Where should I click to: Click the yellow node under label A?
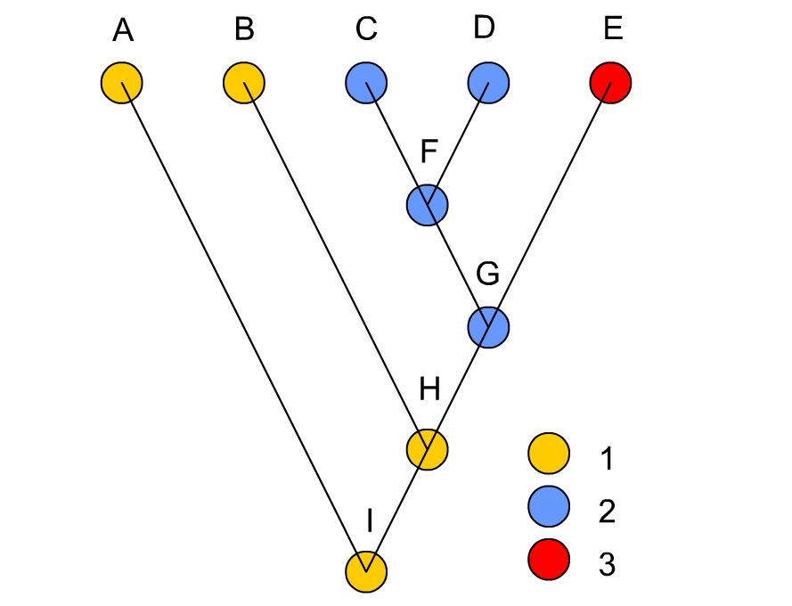(122, 83)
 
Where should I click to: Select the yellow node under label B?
(244, 83)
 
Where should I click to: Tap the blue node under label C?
(366, 83)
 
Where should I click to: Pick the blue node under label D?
(488, 83)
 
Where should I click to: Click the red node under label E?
(610, 83)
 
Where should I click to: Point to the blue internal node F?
(428, 205)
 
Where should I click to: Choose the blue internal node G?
(488, 328)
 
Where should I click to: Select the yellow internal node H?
(428, 450)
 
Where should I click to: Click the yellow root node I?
(366, 572)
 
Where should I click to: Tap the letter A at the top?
(123, 30)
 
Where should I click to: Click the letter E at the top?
(613, 29)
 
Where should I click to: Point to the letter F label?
(429, 151)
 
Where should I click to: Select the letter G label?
(488, 274)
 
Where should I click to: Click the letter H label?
(429, 389)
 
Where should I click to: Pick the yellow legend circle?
(549, 454)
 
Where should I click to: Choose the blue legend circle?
(549, 506)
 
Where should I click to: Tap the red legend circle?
(549, 560)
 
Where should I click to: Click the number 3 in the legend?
(607, 564)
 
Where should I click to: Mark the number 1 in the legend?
(607, 459)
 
